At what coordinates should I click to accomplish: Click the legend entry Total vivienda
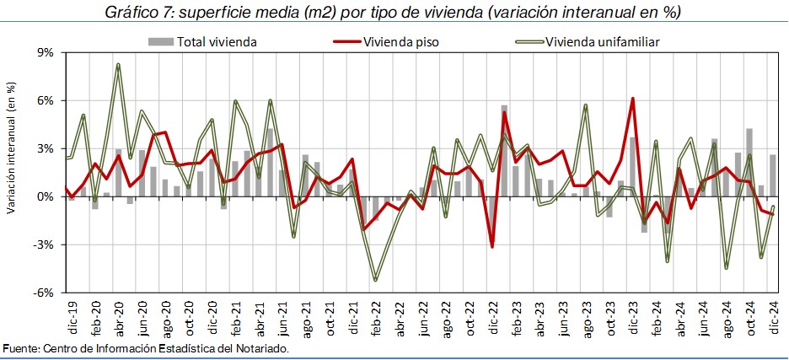216,41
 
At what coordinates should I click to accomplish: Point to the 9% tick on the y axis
44,52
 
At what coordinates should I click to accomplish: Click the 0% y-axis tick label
44,197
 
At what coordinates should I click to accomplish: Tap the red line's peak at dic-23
632,99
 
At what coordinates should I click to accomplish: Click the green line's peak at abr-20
118,64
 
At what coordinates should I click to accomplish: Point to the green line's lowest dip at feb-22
375,281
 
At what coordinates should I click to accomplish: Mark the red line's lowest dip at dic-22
492,247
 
